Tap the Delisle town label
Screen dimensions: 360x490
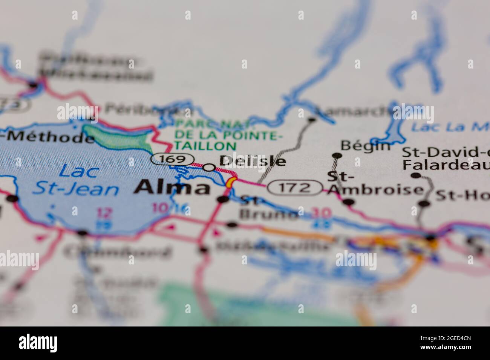pyautogui.click(x=252, y=161)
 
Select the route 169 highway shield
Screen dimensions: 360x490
pyautogui.click(x=173, y=159)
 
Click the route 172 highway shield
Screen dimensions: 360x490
pyautogui.click(x=295, y=187)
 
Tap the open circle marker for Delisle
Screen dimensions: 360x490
pyautogui.click(x=209, y=167)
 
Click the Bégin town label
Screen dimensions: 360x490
pyautogui.click(x=365, y=145)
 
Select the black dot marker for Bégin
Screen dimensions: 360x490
pyautogui.click(x=336, y=156)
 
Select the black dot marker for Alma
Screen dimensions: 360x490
pyautogui.click(x=223, y=199)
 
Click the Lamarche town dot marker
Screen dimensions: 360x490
pyautogui.click(x=312, y=120)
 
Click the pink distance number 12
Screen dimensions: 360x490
pyautogui.click(x=104, y=213)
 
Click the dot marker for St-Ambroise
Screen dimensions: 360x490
pyautogui.click(x=349, y=202)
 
